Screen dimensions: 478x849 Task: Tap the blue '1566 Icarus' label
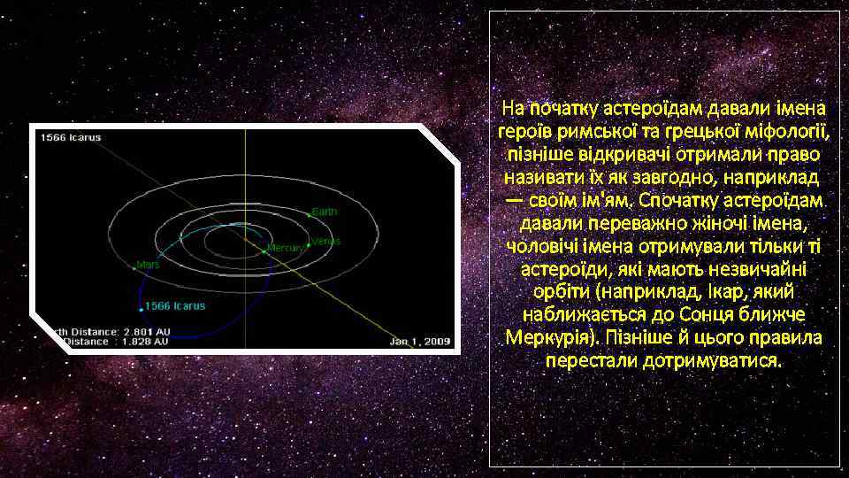175,306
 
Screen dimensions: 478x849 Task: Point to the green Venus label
326,241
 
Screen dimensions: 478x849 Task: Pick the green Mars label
148,264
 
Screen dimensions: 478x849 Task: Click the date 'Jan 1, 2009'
420,340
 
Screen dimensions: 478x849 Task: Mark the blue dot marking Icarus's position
141,310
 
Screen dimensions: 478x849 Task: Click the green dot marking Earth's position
310,213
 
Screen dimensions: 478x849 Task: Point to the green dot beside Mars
134,265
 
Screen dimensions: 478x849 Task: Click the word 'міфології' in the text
791,132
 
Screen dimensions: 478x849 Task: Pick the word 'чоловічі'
538,246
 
